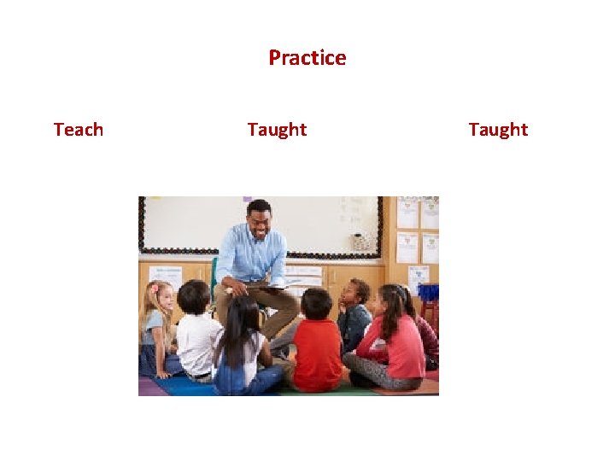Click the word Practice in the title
[307, 58]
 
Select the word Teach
[78, 130]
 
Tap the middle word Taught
[277, 130]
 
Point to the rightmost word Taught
[498, 130]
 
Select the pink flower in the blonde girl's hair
[155, 288]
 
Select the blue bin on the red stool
[427, 293]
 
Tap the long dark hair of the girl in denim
[242, 329]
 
